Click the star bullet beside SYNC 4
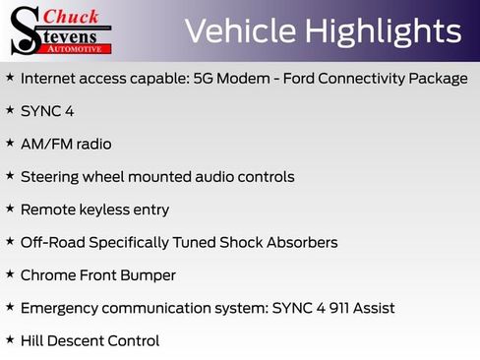pyautogui.click(x=10, y=110)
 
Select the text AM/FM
pyautogui.click(x=45, y=144)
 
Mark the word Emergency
pyautogui.click(x=61, y=308)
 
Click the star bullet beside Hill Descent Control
pyautogui.click(x=10, y=339)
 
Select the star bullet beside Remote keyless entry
pyautogui.click(x=10, y=209)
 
